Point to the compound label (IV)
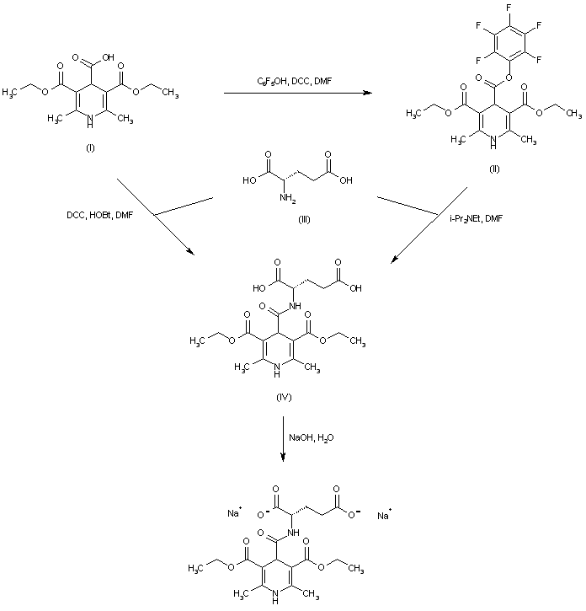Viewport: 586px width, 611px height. point(284,397)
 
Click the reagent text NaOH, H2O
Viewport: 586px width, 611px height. point(314,437)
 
